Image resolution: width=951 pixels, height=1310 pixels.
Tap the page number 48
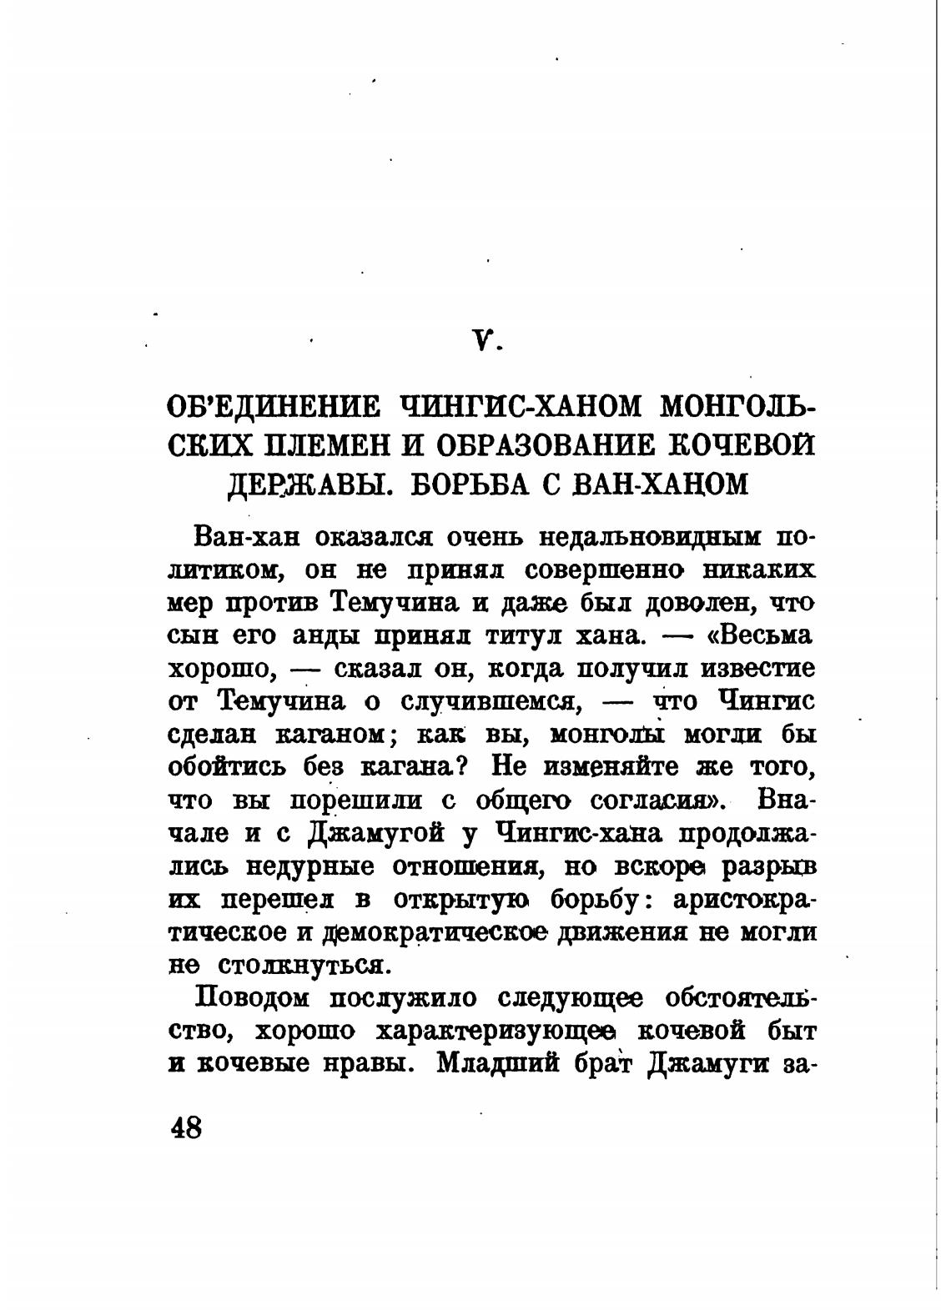point(186,1128)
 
